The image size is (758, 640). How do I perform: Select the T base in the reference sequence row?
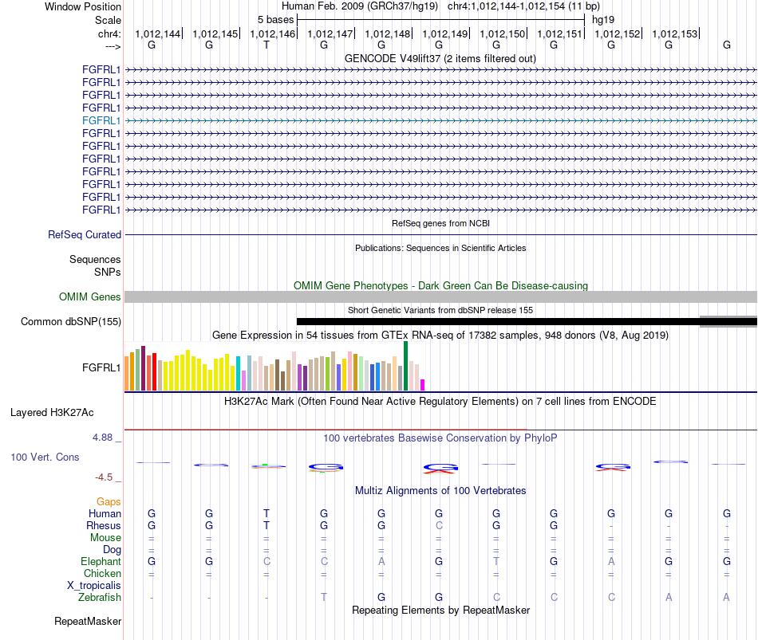266,45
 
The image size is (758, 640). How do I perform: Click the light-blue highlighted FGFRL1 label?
101,121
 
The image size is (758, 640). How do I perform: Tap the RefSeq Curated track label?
85,235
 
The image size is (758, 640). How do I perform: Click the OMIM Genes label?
90,297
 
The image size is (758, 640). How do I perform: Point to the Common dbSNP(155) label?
71,322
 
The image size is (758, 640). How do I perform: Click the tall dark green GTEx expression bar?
405,366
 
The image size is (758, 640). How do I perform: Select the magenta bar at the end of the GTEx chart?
423,385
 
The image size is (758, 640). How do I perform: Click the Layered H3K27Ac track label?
52,413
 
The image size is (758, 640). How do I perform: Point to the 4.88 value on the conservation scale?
102,437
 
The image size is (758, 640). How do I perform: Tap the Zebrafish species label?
100,598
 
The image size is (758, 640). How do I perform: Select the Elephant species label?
101,561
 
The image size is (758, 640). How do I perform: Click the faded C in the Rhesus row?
439,525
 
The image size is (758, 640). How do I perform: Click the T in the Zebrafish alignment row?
324,598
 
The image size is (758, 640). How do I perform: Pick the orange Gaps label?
109,502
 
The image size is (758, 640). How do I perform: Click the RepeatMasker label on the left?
88,621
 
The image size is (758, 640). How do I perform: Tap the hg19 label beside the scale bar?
603,20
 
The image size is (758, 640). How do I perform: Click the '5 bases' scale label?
275,20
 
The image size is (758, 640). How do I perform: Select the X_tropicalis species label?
94,586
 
